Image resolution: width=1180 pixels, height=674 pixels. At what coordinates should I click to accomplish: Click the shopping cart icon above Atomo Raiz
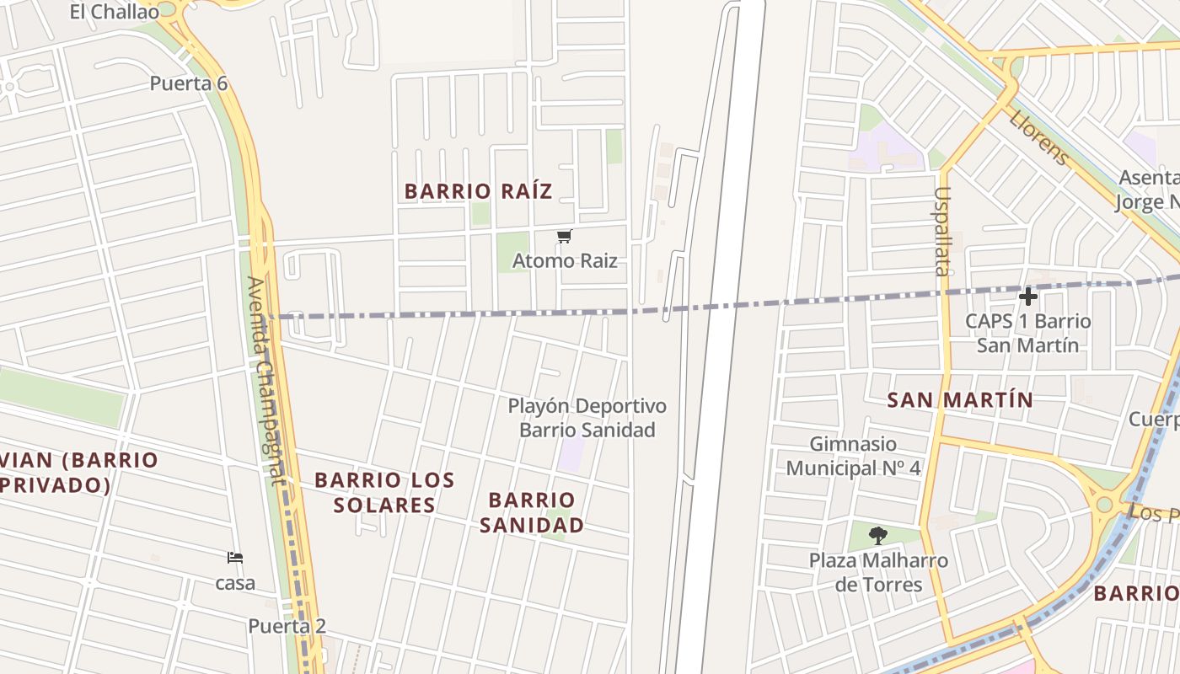click(x=565, y=237)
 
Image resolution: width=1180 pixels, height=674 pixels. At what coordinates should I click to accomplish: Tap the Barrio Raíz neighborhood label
click(x=478, y=191)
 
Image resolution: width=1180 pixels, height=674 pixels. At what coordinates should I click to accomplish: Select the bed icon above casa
click(x=235, y=558)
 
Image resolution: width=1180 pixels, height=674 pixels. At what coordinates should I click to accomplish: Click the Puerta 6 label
click(x=189, y=83)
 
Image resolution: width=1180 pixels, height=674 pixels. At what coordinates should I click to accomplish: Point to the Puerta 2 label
click(x=287, y=626)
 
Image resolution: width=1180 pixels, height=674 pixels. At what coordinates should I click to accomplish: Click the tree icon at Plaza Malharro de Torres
click(x=878, y=535)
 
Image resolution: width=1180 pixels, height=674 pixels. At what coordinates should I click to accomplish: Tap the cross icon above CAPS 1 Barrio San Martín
click(x=1027, y=297)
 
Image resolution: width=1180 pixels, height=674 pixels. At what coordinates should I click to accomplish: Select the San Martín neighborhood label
click(x=960, y=399)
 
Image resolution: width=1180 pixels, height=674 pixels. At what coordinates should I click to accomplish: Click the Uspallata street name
click(x=941, y=231)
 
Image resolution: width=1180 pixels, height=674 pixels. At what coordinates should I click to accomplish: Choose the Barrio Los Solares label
click(x=384, y=492)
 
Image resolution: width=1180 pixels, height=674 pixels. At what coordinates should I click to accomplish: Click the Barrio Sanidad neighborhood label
click(x=531, y=512)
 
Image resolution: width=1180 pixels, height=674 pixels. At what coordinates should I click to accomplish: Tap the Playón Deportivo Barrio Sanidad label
click(x=587, y=418)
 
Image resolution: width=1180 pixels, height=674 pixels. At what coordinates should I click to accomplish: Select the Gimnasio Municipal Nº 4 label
click(x=853, y=456)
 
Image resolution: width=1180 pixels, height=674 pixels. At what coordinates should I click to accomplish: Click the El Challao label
click(x=114, y=12)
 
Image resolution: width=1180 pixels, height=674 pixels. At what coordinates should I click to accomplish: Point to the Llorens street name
click(x=1039, y=137)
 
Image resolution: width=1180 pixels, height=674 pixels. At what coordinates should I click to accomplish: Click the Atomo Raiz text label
click(x=565, y=261)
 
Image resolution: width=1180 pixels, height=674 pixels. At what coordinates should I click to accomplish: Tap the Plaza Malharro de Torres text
click(x=878, y=572)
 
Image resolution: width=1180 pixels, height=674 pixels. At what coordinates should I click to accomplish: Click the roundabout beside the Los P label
click(x=1103, y=504)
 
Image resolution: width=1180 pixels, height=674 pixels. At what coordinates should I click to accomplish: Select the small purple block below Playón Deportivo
click(x=571, y=455)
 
